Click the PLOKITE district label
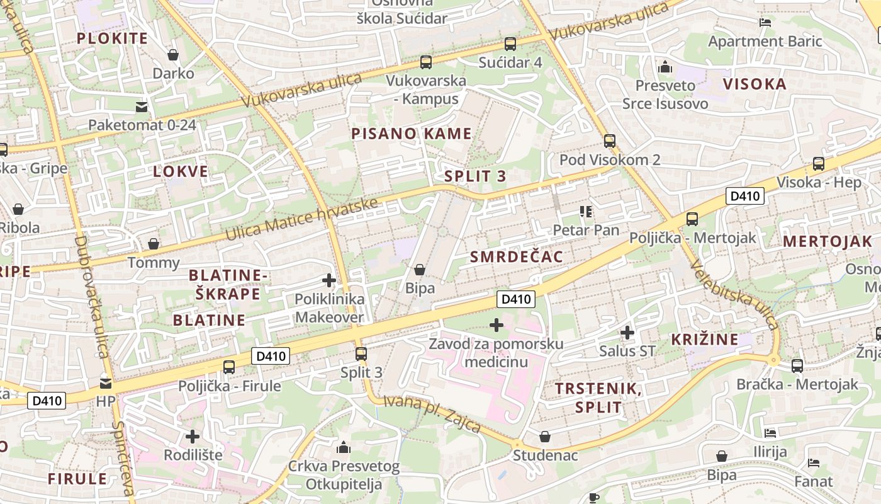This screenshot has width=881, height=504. pos(112,38)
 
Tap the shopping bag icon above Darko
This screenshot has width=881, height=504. pos(173,55)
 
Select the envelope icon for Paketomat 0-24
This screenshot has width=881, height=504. pos(142,106)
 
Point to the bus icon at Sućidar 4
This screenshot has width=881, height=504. pos(510,44)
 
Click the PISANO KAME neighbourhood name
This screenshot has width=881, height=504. pos(411,134)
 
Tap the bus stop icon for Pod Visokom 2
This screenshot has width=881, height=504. pos(609,141)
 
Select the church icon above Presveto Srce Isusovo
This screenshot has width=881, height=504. pos(665,67)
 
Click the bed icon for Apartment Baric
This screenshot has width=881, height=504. pos(765,23)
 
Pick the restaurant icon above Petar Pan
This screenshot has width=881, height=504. pos(586,212)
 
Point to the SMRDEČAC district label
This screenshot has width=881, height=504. pos(517,256)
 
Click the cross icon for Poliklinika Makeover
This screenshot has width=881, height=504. pos(329,280)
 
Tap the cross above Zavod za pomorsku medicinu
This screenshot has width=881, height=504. pos(497,325)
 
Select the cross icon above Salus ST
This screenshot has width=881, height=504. pos(627,332)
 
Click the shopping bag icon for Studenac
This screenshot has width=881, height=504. pos(545,437)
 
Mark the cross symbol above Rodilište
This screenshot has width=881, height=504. pos(193,436)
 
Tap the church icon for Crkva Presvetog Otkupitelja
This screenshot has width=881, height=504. pos(344,447)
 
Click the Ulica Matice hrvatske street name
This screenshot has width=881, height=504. pos(302,219)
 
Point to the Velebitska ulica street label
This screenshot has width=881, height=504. pos(734,294)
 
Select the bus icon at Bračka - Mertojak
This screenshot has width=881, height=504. pos(797,365)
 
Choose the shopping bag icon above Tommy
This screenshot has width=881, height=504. pos(153,244)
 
